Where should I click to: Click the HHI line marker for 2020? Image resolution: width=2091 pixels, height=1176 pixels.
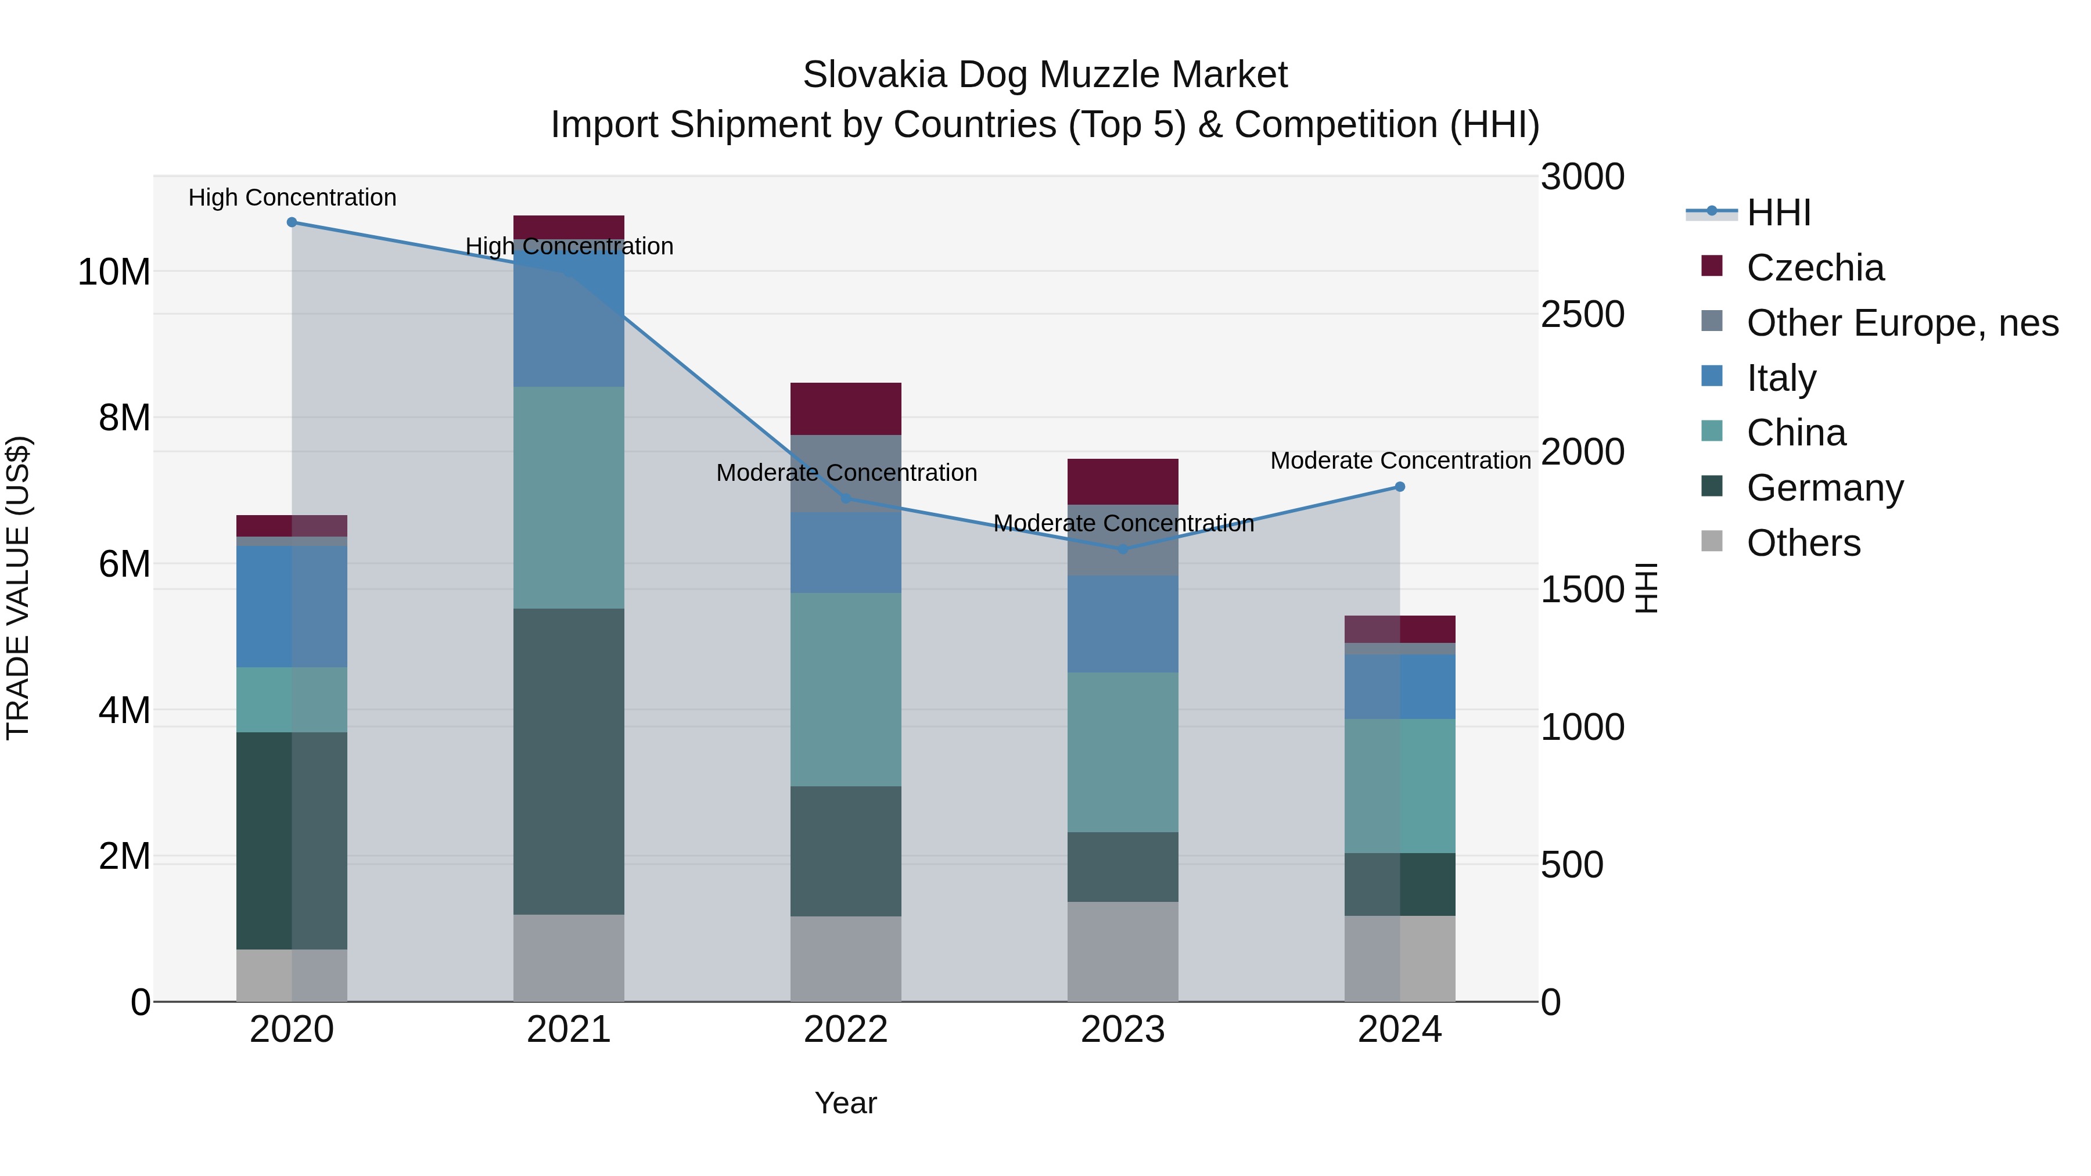[x=292, y=222]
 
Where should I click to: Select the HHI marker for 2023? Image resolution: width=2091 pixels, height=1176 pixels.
[x=1123, y=549]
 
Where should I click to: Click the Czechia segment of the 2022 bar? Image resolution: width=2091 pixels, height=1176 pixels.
[x=846, y=408]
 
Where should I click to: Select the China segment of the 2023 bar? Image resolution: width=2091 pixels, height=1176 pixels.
[x=1123, y=751]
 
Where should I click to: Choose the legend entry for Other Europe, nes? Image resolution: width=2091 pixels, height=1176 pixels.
[x=1902, y=323]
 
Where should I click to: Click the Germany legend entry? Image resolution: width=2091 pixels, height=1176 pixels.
[x=1825, y=488]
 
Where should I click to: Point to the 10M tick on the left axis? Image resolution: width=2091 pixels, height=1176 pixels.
[x=114, y=272]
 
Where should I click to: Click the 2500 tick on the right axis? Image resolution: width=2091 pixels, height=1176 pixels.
[x=1582, y=315]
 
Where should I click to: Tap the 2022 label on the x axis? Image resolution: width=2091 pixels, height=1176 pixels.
[x=846, y=1030]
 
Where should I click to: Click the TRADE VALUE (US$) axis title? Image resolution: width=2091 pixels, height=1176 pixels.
[x=18, y=588]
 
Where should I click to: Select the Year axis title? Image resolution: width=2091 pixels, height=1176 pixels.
[x=846, y=1103]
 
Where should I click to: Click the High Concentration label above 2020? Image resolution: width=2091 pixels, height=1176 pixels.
[x=292, y=197]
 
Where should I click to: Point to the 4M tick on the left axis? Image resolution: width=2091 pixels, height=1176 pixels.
[x=124, y=710]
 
